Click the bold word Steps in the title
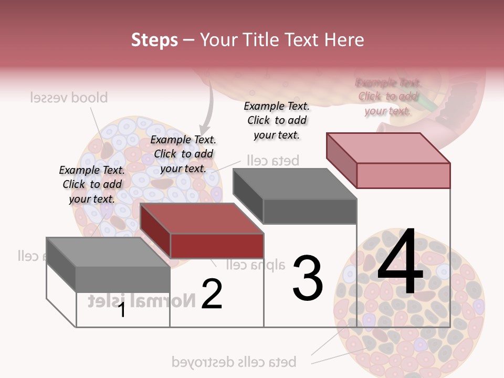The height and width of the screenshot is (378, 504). pos(154,40)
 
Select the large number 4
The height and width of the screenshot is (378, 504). pos(400,262)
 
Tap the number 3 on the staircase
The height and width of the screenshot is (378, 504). pos(308,278)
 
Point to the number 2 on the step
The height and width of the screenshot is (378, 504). pos(212,294)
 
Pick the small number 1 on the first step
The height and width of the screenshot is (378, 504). pos(122,310)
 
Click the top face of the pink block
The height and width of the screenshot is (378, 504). pos(388,148)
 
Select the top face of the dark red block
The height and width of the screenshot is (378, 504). pos(202,218)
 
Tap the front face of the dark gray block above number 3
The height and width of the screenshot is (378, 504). pos(310,212)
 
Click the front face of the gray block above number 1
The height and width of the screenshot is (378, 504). pos(123,279)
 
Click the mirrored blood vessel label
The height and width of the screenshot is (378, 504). pos(69,98)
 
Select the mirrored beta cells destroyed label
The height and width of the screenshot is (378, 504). pos(234,362)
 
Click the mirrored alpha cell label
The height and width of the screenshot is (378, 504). pos(256,265)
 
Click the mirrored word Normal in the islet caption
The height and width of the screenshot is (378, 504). pos(165,300)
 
